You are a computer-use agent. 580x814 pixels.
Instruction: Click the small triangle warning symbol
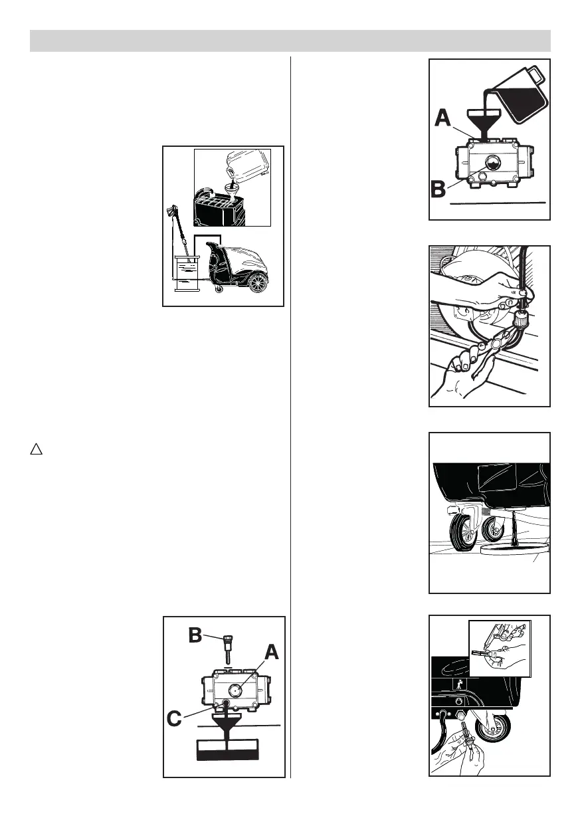coord(37,450)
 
